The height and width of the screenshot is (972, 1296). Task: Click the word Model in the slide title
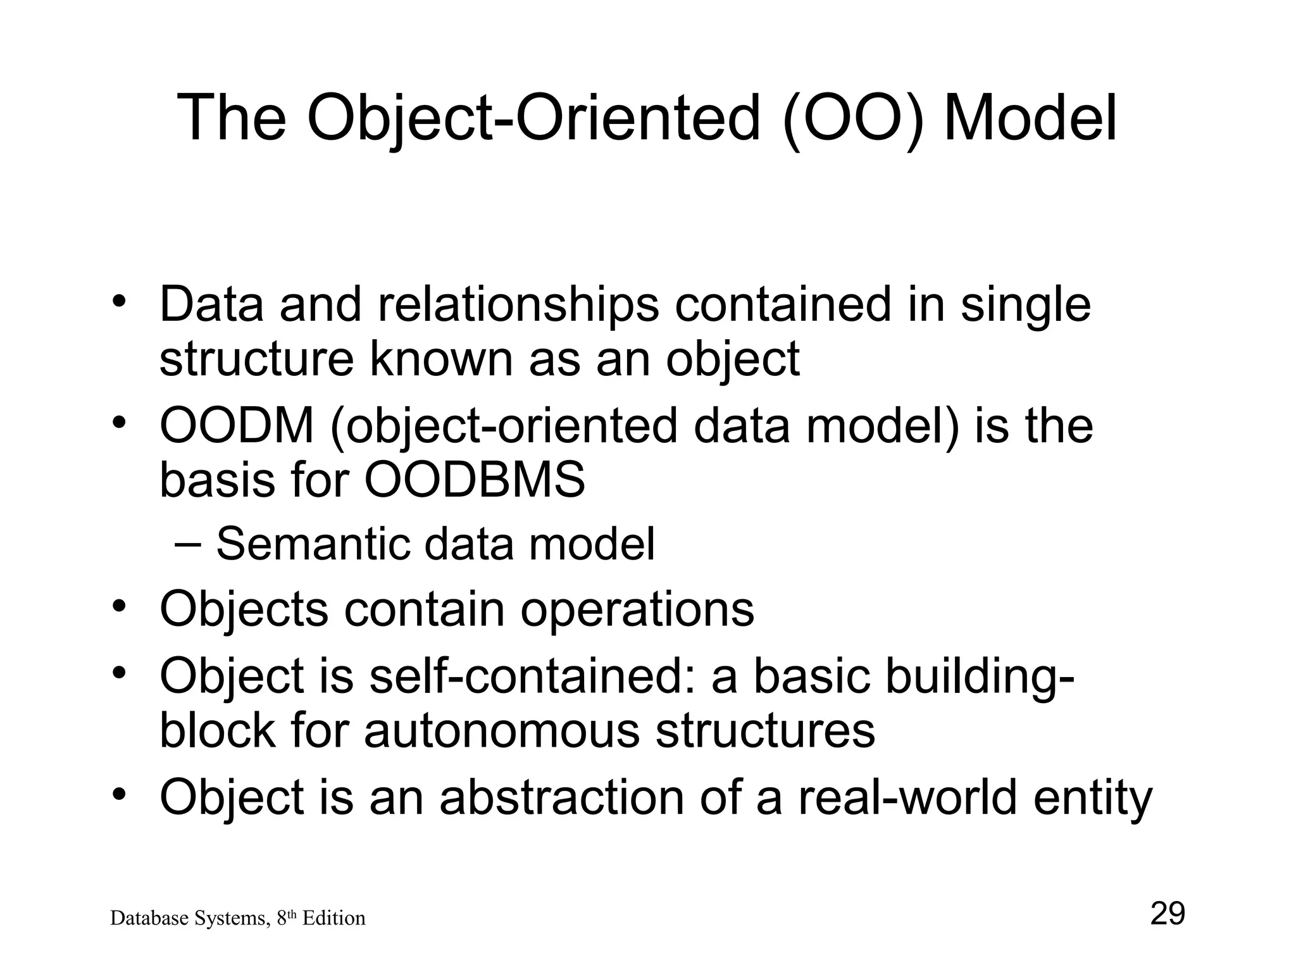pyautogui.click(x=1030, y=118)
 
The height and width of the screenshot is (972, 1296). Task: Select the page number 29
pyautogui.click(x=1167, y=914)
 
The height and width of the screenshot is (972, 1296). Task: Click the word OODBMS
pyautogui.click(x=475, y=480)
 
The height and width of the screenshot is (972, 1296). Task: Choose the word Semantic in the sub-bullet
pyautogui.click(x=313, y=544)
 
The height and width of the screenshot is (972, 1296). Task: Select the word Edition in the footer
pyautogui.click(x=333, y=918)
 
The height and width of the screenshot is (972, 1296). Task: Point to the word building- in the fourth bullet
pyautogui.click(x=978, y=677)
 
